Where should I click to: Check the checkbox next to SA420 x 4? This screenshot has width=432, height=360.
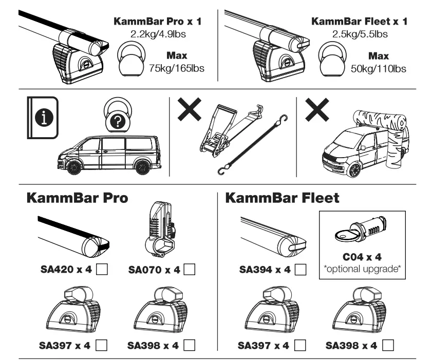pos(102,270)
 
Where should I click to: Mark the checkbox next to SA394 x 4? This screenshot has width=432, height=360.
pos(302,270)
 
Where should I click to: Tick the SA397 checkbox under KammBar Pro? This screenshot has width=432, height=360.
pos(101,343)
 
